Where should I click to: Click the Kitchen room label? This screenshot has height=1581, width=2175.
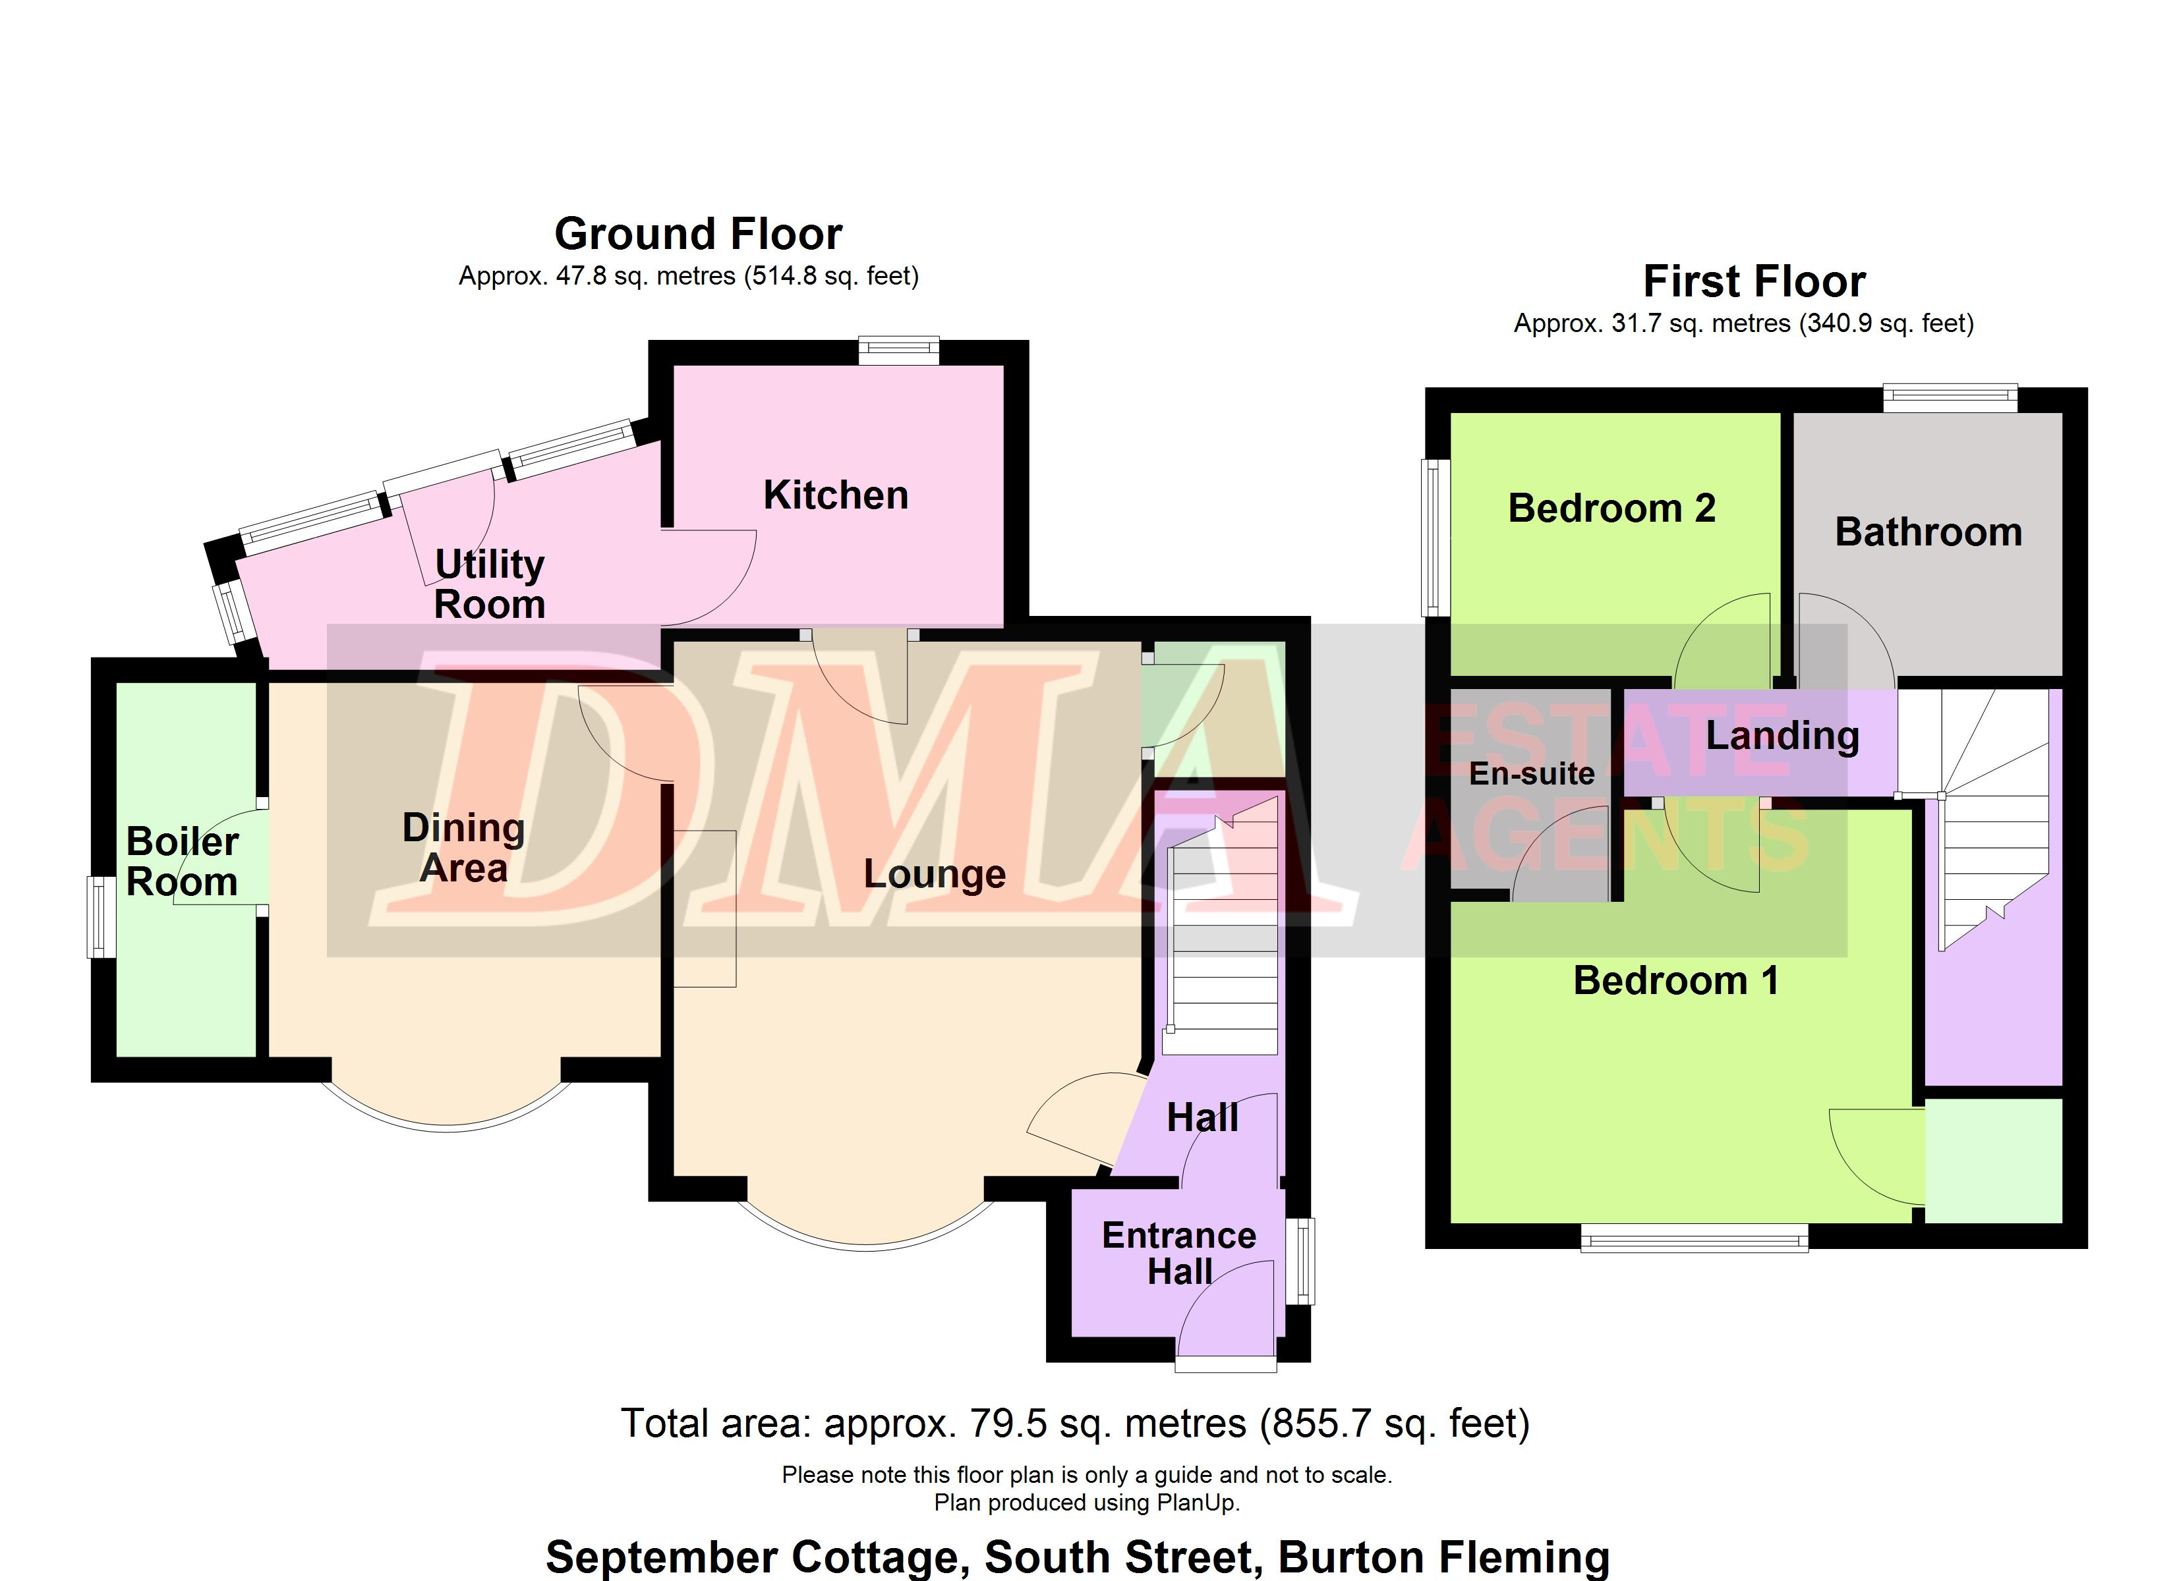pos(835,495)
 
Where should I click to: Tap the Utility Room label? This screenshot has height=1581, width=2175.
pos(489,584)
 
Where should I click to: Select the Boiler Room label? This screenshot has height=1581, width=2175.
pos(182,861)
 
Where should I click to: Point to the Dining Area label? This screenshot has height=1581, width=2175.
pos(464,848)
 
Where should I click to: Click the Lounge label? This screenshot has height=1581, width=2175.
pos(934,874)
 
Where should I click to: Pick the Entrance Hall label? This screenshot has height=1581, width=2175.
pos(1178,1253)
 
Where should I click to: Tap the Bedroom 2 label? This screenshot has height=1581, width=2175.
pos(1611,508)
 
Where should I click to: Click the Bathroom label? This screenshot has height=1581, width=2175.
pos(1928,532)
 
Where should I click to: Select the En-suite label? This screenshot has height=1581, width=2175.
pos(1532,774)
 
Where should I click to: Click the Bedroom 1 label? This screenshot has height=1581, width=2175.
pos(1676,981)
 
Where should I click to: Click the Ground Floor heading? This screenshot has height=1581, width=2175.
pos(698,234)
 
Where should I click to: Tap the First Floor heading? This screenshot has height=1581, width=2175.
pos(1754,282)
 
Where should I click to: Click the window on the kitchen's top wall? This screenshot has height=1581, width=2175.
pos(898,351)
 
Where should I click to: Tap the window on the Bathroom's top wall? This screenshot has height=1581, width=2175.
pos(1950,398)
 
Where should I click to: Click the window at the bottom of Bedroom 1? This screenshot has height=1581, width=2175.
pos(1695,1238)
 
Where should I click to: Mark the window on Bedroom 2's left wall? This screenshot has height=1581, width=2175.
pos(1435,537)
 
